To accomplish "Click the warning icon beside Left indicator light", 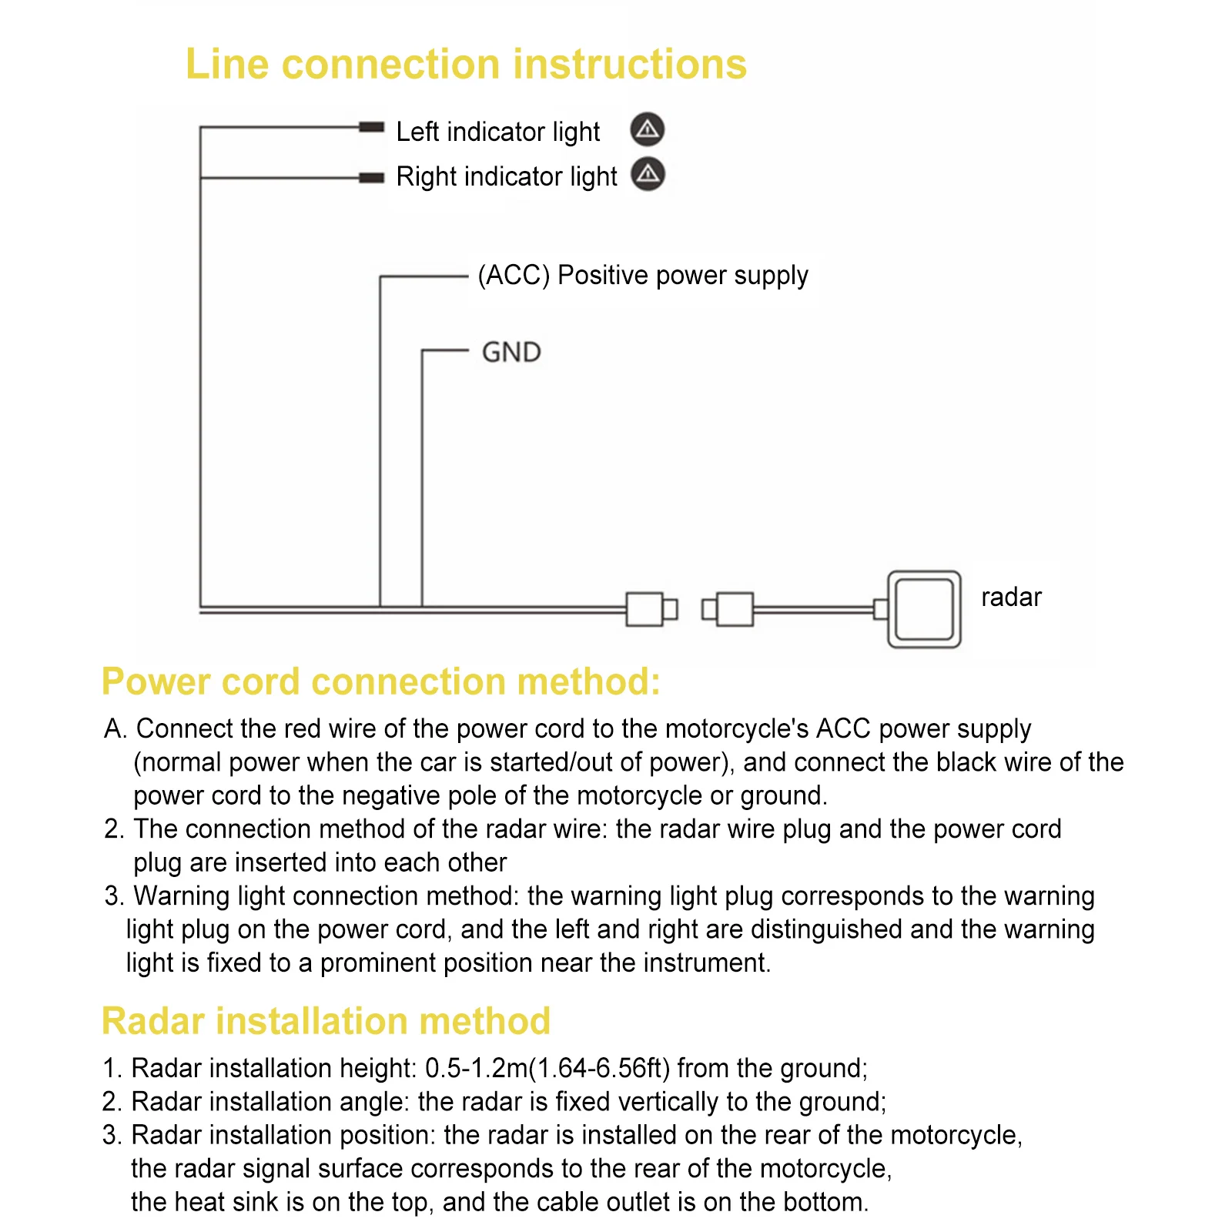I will [648, 129].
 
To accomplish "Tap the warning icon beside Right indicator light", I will [648, 174].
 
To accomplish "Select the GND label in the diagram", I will [511, 353].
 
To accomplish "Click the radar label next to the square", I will [1011, 598].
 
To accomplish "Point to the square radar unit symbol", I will [924, 609].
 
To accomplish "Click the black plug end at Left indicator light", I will [371, 127].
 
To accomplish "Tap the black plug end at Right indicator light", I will [371, 178].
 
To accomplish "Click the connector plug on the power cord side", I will [651, 609].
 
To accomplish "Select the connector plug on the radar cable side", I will [728, 609].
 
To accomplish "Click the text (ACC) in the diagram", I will [514, 276].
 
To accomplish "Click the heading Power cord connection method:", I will [381, 682].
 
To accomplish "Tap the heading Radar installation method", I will [326, 1022].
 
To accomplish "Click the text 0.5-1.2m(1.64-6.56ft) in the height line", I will [547, 1069].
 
